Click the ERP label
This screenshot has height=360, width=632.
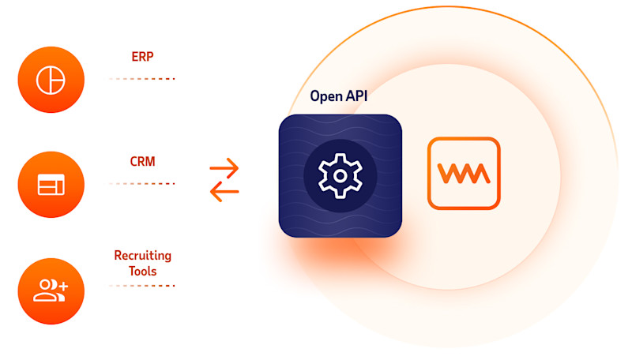[142, 57]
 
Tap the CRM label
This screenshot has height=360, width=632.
[142, 161]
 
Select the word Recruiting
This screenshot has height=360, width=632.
[142, 256]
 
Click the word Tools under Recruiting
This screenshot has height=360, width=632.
[142, 271]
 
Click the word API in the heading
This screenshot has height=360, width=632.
[357, 97]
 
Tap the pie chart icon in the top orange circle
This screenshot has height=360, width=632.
[51, 79]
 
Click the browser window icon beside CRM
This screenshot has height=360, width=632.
[51, 185]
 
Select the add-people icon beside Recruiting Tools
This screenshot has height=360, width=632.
[51, 291]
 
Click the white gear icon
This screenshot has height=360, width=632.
[340, 175]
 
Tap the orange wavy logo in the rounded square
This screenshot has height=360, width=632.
[464, 174]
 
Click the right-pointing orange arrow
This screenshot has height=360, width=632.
[224, 167]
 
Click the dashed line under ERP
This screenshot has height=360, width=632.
[142, 79]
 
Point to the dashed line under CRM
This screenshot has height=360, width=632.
[142, 183]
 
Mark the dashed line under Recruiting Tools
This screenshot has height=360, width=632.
[142, 285]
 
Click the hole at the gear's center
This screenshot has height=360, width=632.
[340, 175]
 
